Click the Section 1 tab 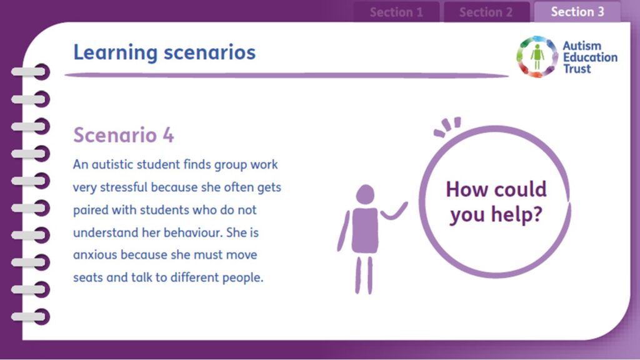(x=396, y=12)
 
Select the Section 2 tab (x=486, y=12)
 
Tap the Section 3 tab (x=577, y=11)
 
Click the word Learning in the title (x=115, y=53)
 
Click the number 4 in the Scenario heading (x=168, y=135)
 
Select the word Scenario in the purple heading (x=115, y=135)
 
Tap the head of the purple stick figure (x=365, y=194)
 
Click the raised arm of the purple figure (x=394, y=211)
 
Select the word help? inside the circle (x=517, y=214)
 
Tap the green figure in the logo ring (x=537, y=57)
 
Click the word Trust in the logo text (x=577, y=69)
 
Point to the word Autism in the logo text (x=582, y=46)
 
